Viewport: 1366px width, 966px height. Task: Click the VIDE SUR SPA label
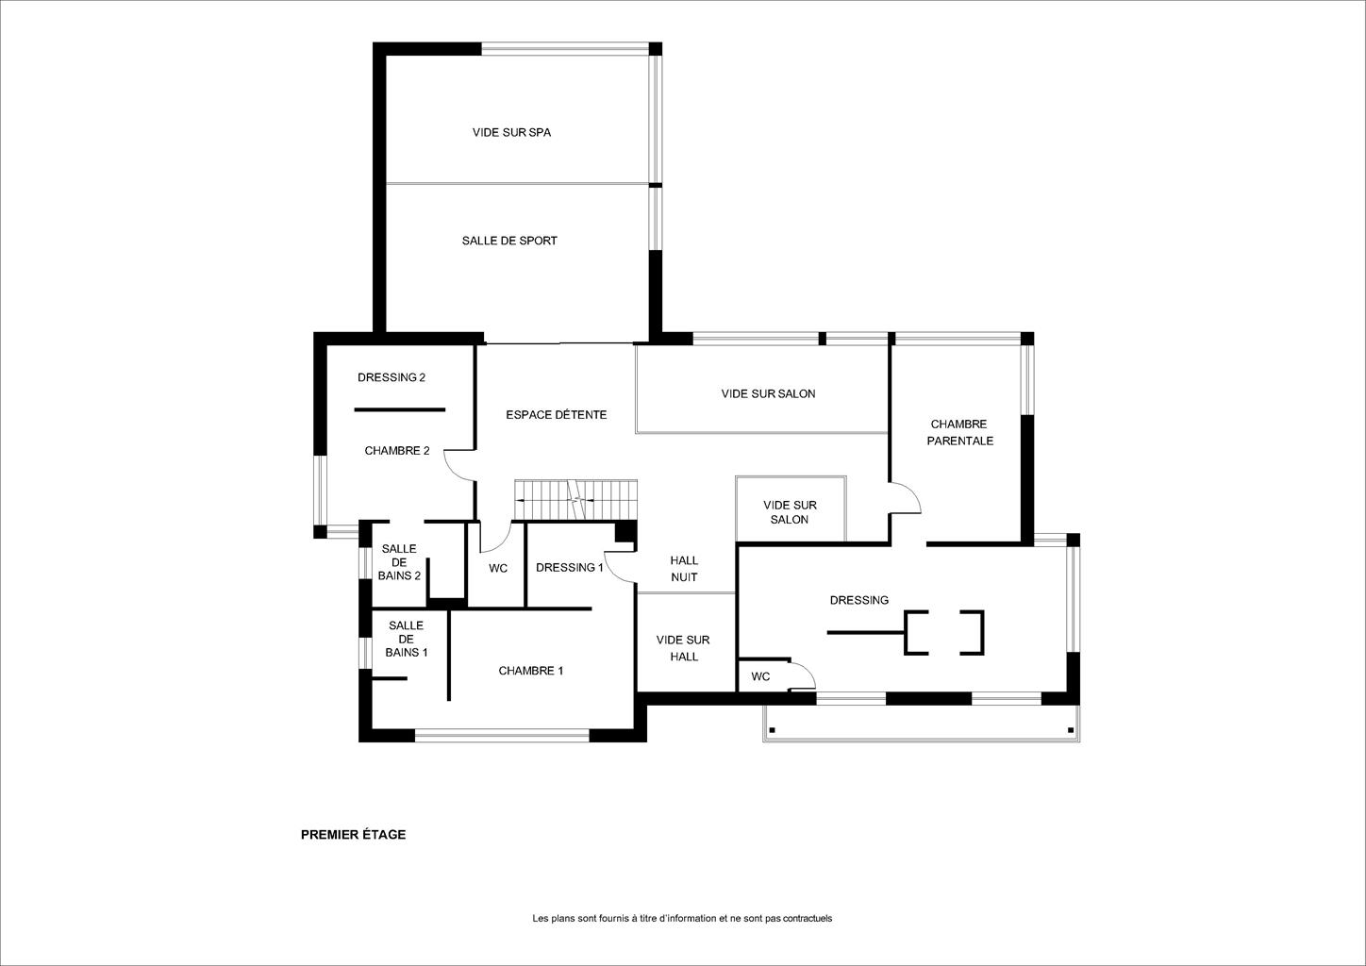(511, 132)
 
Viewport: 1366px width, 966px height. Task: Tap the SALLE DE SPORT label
(509, 241)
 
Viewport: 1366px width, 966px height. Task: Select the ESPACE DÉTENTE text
(557, 415)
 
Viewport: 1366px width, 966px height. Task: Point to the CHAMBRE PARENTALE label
(959, 432)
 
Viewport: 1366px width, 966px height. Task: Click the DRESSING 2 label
(391, 377)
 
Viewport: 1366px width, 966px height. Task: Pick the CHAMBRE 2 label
(397, 451)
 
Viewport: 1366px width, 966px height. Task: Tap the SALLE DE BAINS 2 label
(399, 562)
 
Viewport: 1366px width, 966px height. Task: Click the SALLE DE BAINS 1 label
(407, 639)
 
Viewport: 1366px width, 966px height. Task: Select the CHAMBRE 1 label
(530, 671)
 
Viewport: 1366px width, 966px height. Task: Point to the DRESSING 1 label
(570, 568)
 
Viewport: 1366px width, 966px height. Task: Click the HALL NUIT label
(684, 569)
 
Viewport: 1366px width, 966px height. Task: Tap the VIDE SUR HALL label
(683, 648)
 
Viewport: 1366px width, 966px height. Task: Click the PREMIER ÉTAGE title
(353, 835)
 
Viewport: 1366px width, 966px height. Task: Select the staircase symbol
(575, 500)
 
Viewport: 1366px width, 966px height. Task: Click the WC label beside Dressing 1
(498, 569)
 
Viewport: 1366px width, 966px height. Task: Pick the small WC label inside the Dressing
(760, 676)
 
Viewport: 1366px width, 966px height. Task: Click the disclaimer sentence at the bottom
(682, 918)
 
